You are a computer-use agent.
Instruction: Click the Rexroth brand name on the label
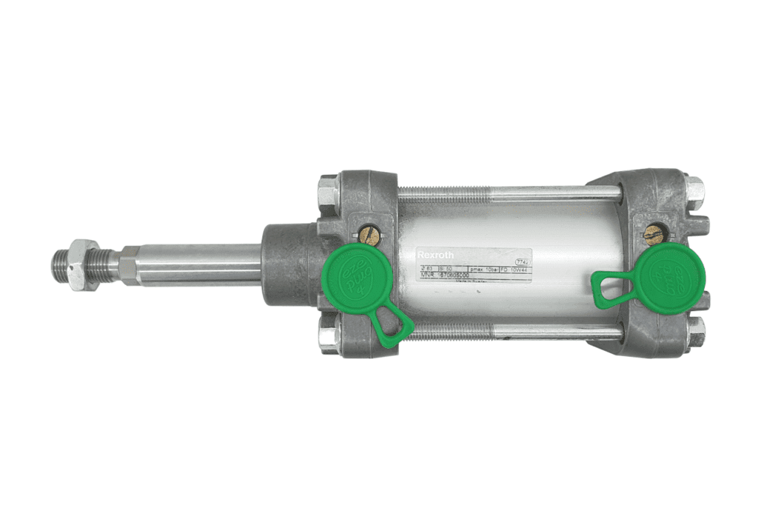(x=435, y=254)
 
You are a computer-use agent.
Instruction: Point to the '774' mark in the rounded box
(x=523, y=261)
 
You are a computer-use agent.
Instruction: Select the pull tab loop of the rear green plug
(x=608, y=287)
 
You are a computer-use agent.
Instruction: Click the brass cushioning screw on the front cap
(x=369, y=235)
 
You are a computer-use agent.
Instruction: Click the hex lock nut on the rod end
(x=81, y=264)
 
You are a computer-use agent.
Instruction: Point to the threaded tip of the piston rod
(x=60, y=264)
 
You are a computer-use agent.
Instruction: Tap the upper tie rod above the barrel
(x=511, y=195)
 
